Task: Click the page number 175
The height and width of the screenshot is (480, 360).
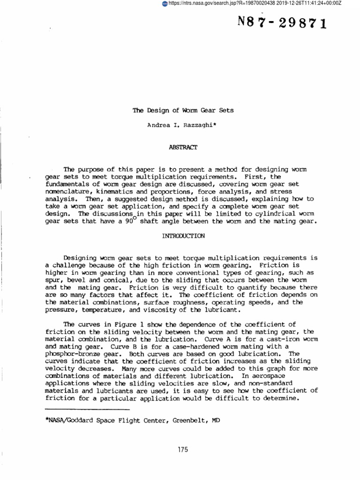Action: [183, 450]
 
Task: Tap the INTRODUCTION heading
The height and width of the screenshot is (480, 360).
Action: [183, 236]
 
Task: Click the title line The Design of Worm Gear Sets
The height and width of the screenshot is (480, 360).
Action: [183, 111]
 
